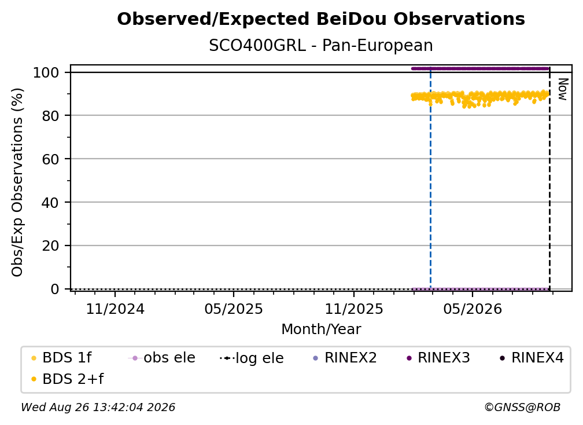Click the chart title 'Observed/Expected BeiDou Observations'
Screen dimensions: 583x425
[x=321, y=19]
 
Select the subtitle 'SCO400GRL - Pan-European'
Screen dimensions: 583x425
[x=321, y=45]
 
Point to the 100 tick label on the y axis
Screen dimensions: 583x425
[x=46, y=72]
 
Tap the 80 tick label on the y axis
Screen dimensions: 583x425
[x=50, y=115]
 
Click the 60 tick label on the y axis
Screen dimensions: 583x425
[x=50, y=159]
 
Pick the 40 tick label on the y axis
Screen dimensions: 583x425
[x=50, y=203]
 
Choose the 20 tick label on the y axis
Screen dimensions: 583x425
[x=50, y=246]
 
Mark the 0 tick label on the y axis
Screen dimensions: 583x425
[x=54, y=289]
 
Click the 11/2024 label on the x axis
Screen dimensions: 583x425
[x=115, y=309]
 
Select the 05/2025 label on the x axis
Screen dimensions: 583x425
[x=234, y=309]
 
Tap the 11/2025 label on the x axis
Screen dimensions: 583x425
[x=354, y=309]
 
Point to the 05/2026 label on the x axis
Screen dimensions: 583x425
[x=473, y=309]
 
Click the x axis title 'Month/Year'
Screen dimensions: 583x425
[x=321, y=329]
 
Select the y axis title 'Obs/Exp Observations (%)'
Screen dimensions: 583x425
[x=17, y=182]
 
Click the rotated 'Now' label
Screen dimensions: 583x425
[x=563, y=89]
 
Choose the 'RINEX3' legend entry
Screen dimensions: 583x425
[x=438, y=358]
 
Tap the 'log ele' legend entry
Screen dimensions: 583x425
[x=252, y=358]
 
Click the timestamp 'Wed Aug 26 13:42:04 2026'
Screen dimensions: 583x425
[x=98, y=407]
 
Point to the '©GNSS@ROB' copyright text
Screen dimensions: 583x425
[x=522, y=407]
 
